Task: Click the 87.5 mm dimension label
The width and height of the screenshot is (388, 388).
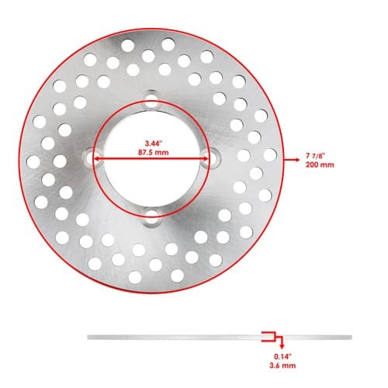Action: [153, 152]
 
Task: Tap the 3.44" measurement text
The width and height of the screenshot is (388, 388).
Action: [154, 144]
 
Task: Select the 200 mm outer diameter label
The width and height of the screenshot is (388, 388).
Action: [320, 165]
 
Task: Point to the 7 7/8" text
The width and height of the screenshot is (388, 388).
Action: [315, 156]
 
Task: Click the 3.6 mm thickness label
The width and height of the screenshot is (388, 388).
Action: [282, 365]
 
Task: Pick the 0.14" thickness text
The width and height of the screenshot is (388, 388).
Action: [282, 356]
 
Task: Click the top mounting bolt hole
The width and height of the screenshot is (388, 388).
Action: [151, 101]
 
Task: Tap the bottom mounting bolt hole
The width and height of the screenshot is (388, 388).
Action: [151, 217]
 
